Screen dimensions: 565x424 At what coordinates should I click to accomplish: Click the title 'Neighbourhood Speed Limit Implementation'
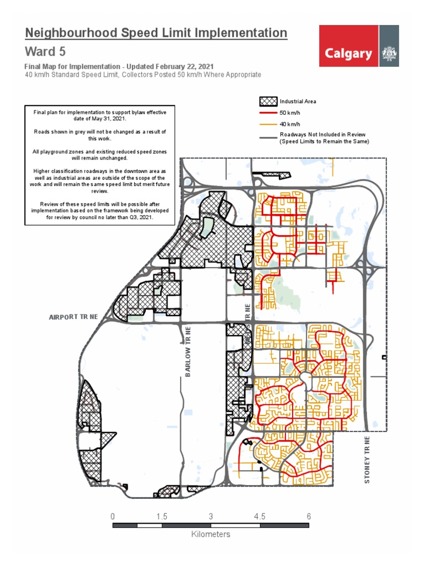156,33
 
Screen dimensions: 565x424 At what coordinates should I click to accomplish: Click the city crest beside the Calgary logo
389,54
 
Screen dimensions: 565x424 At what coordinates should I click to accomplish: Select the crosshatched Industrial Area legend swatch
267,102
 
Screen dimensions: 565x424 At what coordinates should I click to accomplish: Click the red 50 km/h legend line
267,113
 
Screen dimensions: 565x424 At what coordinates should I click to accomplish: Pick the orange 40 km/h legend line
267,124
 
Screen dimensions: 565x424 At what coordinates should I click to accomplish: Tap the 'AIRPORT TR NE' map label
73,317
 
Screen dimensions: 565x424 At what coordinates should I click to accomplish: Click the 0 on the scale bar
113,517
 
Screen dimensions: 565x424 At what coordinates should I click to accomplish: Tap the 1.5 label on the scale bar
162,517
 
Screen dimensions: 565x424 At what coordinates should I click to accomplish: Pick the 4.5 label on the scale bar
259,517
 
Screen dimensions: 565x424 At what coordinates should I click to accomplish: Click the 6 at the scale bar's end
309,517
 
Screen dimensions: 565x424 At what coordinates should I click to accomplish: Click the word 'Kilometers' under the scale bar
210,534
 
